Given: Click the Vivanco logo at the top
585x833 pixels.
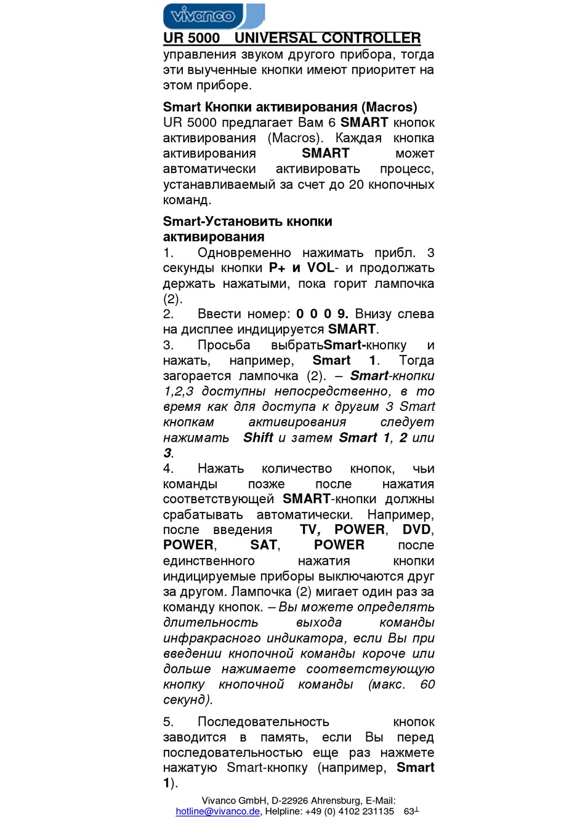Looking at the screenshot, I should [213, 16].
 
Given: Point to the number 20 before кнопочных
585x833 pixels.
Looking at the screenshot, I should [357, 185].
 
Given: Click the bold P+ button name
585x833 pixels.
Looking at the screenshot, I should [277, 268].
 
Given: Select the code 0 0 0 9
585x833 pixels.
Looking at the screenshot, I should [322, 314].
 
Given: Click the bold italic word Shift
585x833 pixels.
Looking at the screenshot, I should [258, 438].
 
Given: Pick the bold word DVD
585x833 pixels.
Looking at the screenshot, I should [417, 530].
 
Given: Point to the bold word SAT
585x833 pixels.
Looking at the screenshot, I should [264, 546].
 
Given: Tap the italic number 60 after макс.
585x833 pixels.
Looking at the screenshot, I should [427, 685].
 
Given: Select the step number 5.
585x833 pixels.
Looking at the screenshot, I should [168, 722].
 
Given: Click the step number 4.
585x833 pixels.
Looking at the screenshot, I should [168, 469].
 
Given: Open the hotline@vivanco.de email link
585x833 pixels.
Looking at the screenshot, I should [217, 811].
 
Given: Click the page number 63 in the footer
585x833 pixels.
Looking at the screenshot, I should [409, 811].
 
